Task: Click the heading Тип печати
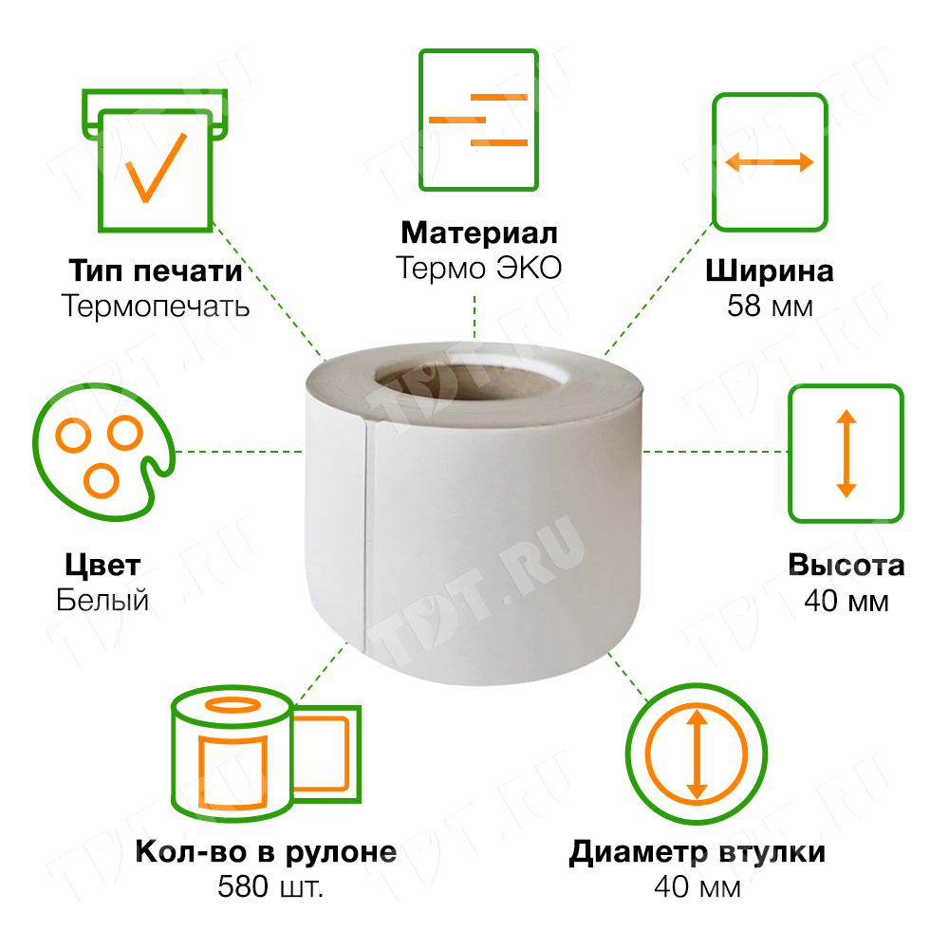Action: pos(155,271)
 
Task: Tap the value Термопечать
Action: pos(155,306)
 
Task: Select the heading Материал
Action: pos(478,233)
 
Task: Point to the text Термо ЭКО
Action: pos(478,268)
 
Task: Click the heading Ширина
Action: pos(769,271)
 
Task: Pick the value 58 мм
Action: pos(769,307)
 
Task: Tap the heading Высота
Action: pos(846,566)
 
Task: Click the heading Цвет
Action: pos(102,566)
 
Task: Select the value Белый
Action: pos(102,601)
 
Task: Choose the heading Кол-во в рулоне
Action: pos(266,851)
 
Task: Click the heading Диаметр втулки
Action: pos(697,851)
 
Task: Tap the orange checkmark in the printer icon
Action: pos(155,167)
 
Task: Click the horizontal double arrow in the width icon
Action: pos(770,162)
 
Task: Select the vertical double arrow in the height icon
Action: pos(846,453)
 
